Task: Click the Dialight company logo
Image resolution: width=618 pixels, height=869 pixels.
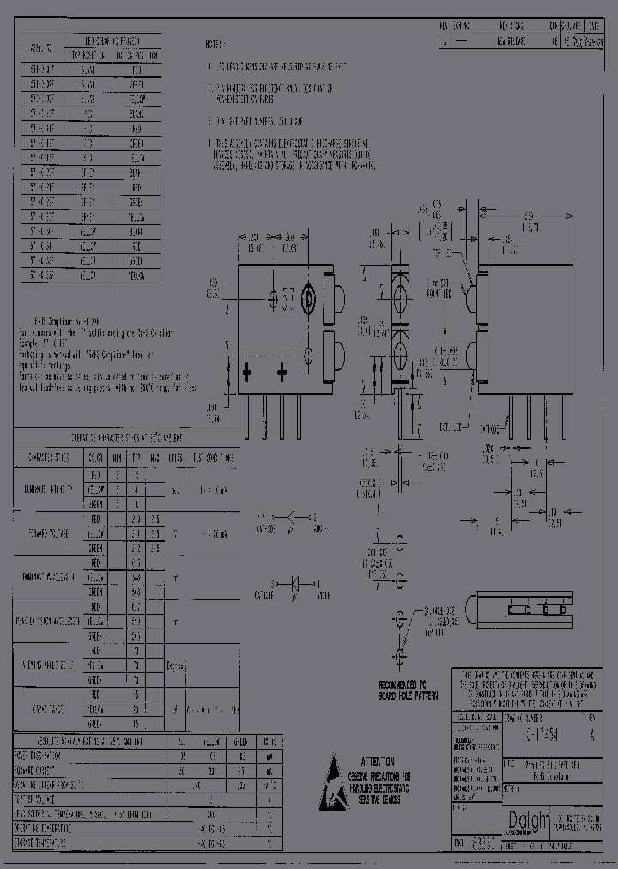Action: pyautogui.click(x=527, y=820)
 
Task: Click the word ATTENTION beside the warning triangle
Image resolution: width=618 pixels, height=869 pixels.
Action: pyautogui.click(x=378, y=761)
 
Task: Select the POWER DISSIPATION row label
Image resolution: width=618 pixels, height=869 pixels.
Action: pyautogui.click(x=55, y=757)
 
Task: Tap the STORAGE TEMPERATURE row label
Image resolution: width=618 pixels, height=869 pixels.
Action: pyautogui.click(x=55, y=843)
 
